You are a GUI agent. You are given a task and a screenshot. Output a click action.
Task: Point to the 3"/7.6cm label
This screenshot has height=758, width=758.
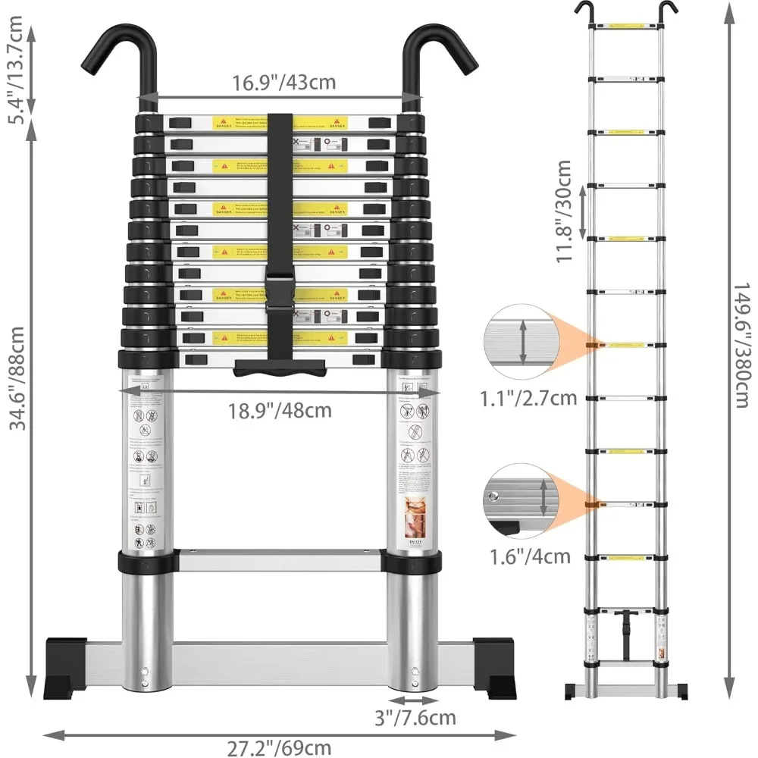coord(415,716)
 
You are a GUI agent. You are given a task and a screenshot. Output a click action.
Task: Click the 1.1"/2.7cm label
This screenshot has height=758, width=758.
coord(528,396)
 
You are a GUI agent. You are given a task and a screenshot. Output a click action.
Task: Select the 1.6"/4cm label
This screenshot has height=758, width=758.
coord(529,556)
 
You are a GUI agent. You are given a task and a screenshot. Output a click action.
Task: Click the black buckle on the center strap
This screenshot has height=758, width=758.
coord(281,290)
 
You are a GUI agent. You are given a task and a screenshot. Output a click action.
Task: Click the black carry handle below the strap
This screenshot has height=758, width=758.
coord(281,368)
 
